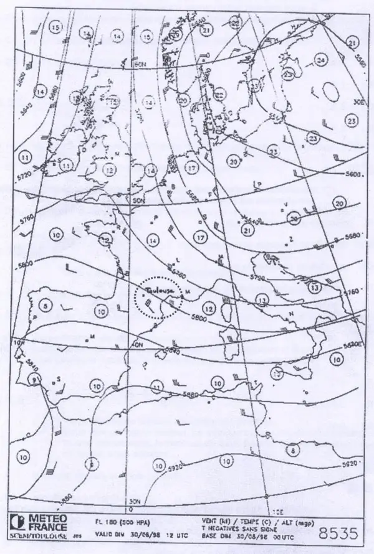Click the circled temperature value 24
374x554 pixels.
[x=321, y=60]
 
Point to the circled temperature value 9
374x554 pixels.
[x=36, y=379]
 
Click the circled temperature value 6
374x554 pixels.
[x=92, y=464]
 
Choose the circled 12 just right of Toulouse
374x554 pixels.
[x=209, y=308]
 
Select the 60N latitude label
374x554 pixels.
[x=141, y=64]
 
